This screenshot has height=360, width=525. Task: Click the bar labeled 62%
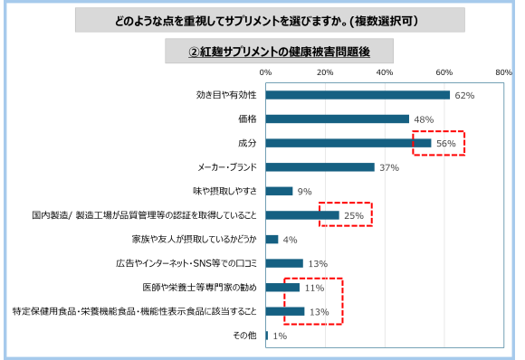click(358, 95)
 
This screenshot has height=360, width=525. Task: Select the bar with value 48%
click(337, 118)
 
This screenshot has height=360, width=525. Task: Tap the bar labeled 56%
click(348, 143)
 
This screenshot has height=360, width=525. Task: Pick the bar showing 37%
click(320, 167)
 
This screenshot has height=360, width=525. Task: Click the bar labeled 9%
click(279, 192)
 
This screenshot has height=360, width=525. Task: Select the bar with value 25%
click(302, 215)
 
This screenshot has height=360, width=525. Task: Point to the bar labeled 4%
click(272, 240)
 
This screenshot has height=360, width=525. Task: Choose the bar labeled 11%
click(282, 288)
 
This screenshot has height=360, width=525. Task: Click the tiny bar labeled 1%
click(267, 336)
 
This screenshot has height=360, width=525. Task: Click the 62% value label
click(464, 96)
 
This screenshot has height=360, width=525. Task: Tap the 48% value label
click(423, 119)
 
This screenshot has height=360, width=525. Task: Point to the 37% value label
click(389, 167)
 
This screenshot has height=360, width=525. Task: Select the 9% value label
click(304, 192)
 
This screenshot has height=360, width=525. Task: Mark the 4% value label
click(290, 240)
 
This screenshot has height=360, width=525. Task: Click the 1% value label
click(280, 336)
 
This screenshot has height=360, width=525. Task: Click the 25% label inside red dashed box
click(354, 216)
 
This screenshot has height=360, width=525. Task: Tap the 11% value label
click(314, 289)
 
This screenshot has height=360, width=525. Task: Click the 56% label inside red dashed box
click(445, 143)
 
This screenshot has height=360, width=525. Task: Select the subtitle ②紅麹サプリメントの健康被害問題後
click(279, 52)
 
